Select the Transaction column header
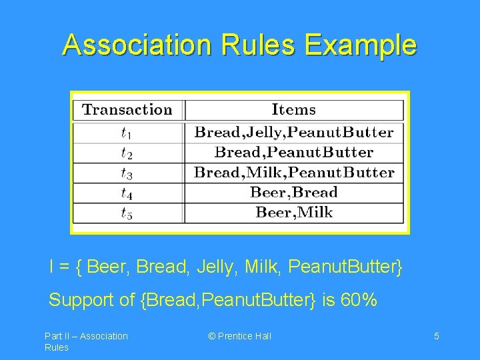point(127,110)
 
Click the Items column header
point(293,110)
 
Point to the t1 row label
point(126,133)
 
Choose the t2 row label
point(126,153)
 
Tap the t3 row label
point(126,173)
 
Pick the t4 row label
point(126,193)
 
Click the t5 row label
point(126,213)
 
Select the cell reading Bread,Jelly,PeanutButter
point(293,132)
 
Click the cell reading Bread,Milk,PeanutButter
point(293,173)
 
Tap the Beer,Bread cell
point(293,193)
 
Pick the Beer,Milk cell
point(293,213)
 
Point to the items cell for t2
point(293,152)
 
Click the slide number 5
point(436,336)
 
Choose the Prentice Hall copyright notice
point(240,336)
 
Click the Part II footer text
point(85,341)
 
